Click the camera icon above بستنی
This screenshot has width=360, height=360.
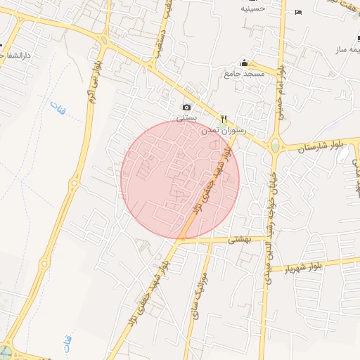[186, 107]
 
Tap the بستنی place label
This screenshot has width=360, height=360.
[186, 118]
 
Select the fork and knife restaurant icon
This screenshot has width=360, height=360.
[224, 119]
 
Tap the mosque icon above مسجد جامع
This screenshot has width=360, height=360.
[244, 63]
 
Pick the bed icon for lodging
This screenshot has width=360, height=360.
[299, 12]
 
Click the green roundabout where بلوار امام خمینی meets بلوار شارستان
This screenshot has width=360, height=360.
[274, 146]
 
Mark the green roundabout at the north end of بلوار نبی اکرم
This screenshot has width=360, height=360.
[105, 40]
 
